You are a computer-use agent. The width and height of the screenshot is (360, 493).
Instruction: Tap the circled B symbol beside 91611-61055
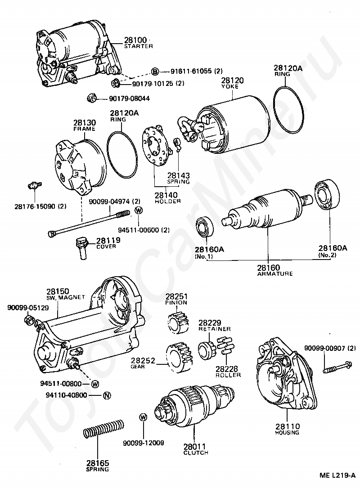155,72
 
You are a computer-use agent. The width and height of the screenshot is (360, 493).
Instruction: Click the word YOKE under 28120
231,86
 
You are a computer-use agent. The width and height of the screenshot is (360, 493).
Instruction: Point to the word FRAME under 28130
84,129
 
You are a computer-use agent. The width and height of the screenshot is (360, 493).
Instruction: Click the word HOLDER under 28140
168,201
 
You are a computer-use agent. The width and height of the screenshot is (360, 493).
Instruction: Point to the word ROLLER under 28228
228,375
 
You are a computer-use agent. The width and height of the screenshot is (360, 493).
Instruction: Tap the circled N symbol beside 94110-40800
107,396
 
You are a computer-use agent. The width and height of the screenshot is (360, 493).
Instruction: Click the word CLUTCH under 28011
196,453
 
